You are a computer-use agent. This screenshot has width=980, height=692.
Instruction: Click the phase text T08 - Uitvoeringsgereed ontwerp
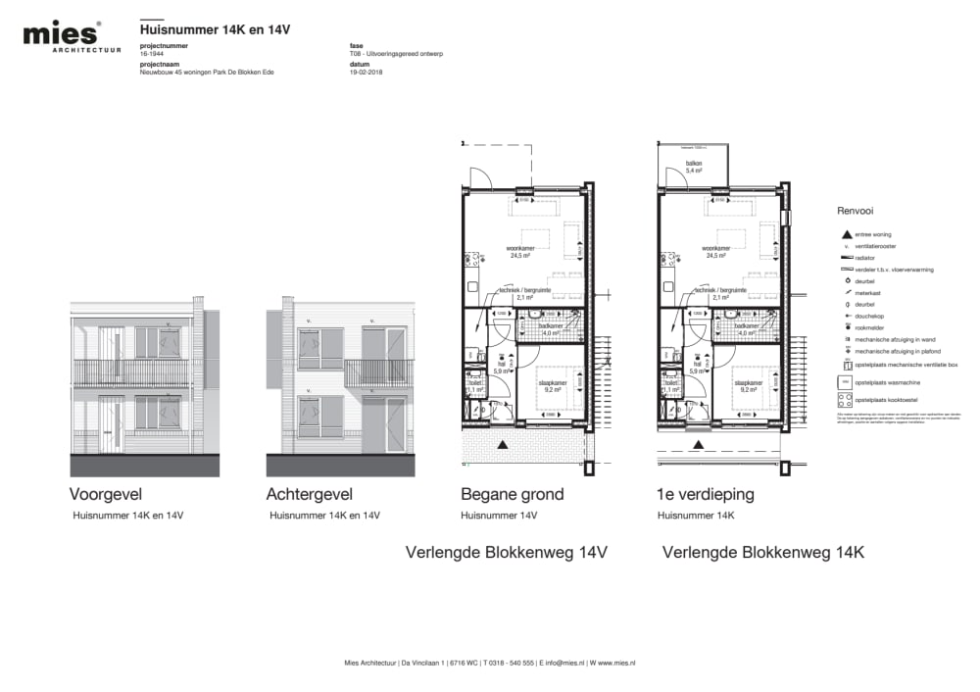point(396,54)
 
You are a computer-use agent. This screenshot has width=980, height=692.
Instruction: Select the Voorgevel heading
point(109,494)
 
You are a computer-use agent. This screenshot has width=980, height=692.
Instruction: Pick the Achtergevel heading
point(309,494)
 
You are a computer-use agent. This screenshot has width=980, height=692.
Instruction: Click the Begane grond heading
point(512,494)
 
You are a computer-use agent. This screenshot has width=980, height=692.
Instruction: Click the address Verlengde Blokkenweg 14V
point(507,553)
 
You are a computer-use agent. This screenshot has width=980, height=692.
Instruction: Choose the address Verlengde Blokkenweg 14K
point(762,553)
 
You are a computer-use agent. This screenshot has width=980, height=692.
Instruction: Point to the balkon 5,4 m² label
point(694,168)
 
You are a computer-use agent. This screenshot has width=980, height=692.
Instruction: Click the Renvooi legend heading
point(855,211)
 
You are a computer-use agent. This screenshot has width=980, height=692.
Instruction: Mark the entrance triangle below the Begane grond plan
point(503,445)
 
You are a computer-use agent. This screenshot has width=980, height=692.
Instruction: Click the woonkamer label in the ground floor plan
point(519,251)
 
